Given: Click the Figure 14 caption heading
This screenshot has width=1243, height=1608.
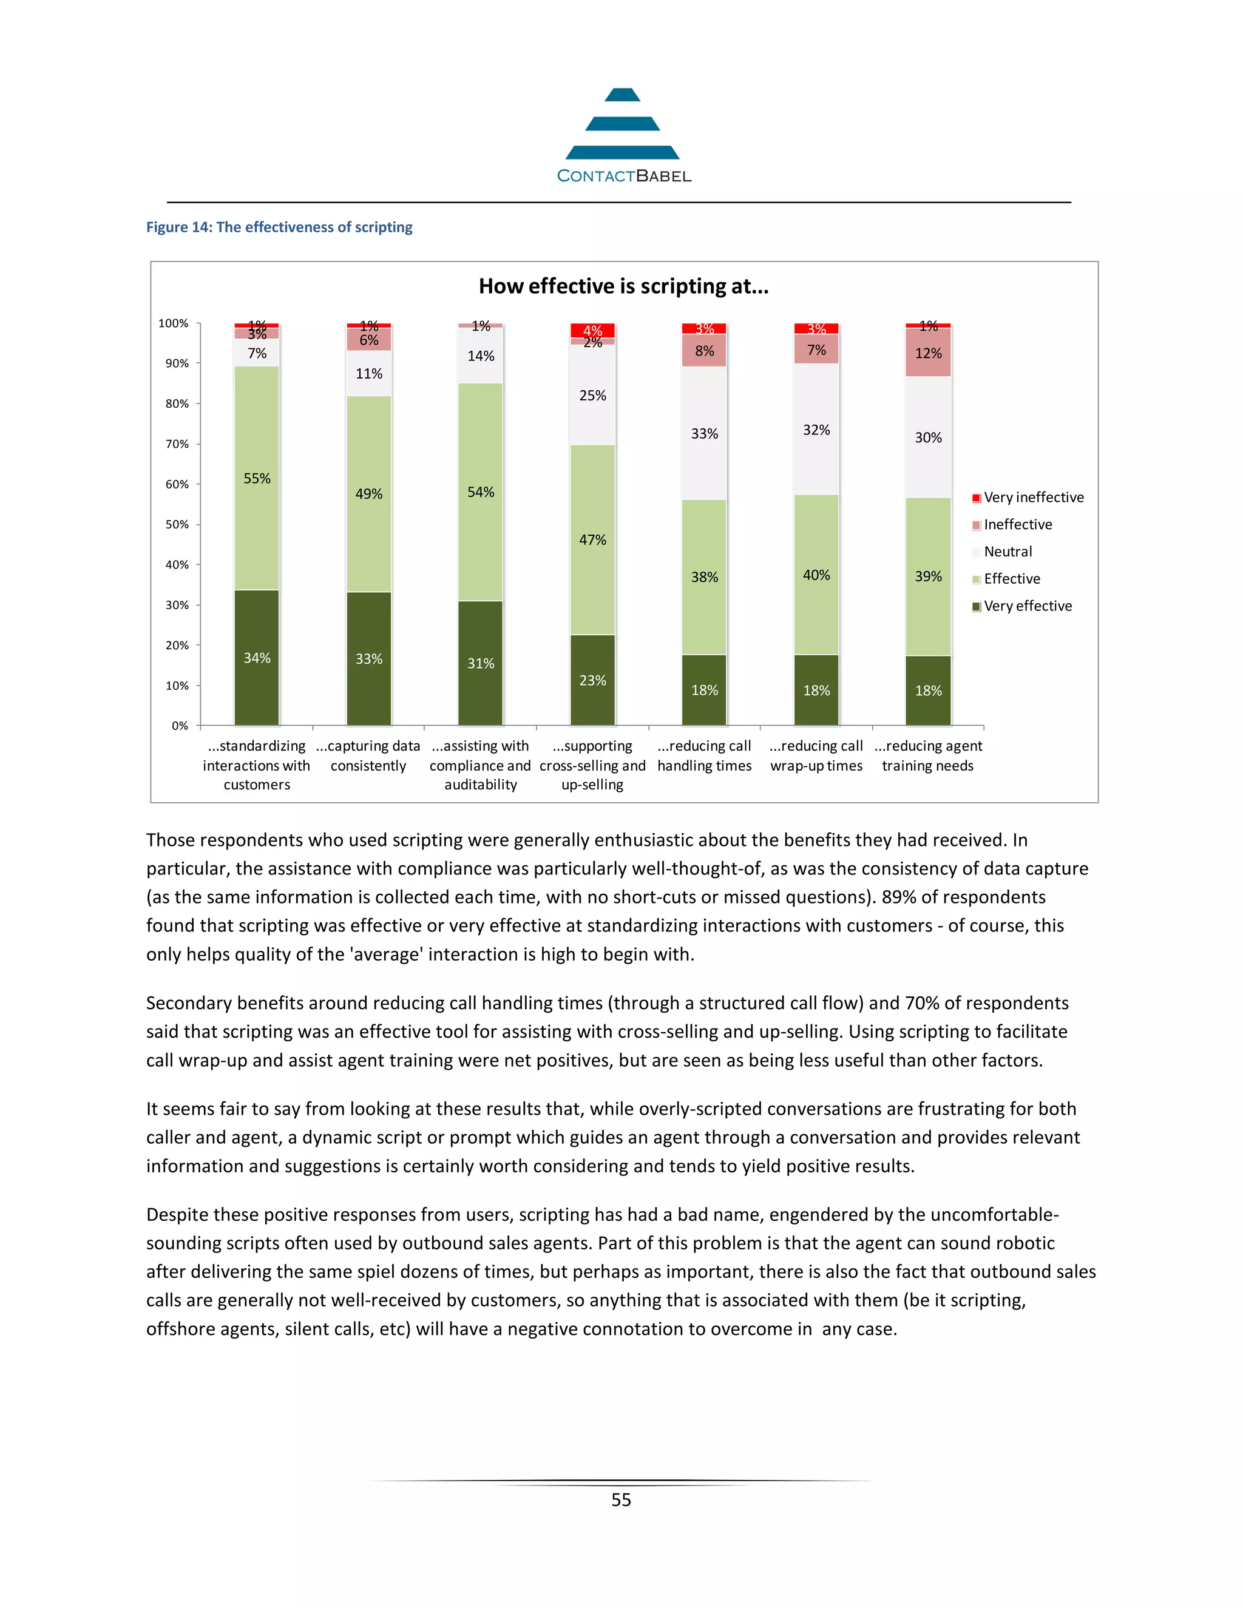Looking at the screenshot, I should [x=279, y=228].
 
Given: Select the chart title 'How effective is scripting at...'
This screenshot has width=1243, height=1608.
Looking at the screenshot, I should [x=623, y=286].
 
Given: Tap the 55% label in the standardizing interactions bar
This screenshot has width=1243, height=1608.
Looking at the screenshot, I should [x=257, y=479].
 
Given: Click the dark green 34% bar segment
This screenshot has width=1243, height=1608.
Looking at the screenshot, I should [x=257, y=658].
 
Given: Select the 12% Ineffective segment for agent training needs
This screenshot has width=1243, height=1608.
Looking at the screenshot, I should [x=928, y=353].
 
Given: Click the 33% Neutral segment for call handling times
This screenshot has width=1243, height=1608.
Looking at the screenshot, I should [x=704, y=434].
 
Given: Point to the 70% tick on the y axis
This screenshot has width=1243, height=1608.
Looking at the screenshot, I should [x=177, y=444].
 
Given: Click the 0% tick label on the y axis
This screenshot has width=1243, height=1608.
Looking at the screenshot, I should [x=180, y=726].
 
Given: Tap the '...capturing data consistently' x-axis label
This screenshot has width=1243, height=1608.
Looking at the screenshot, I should [x=368, y=756].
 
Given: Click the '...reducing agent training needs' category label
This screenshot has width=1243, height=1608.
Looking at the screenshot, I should [x=928, y=756].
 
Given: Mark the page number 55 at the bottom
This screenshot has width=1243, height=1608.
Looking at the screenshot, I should [x=621, y=1500].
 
